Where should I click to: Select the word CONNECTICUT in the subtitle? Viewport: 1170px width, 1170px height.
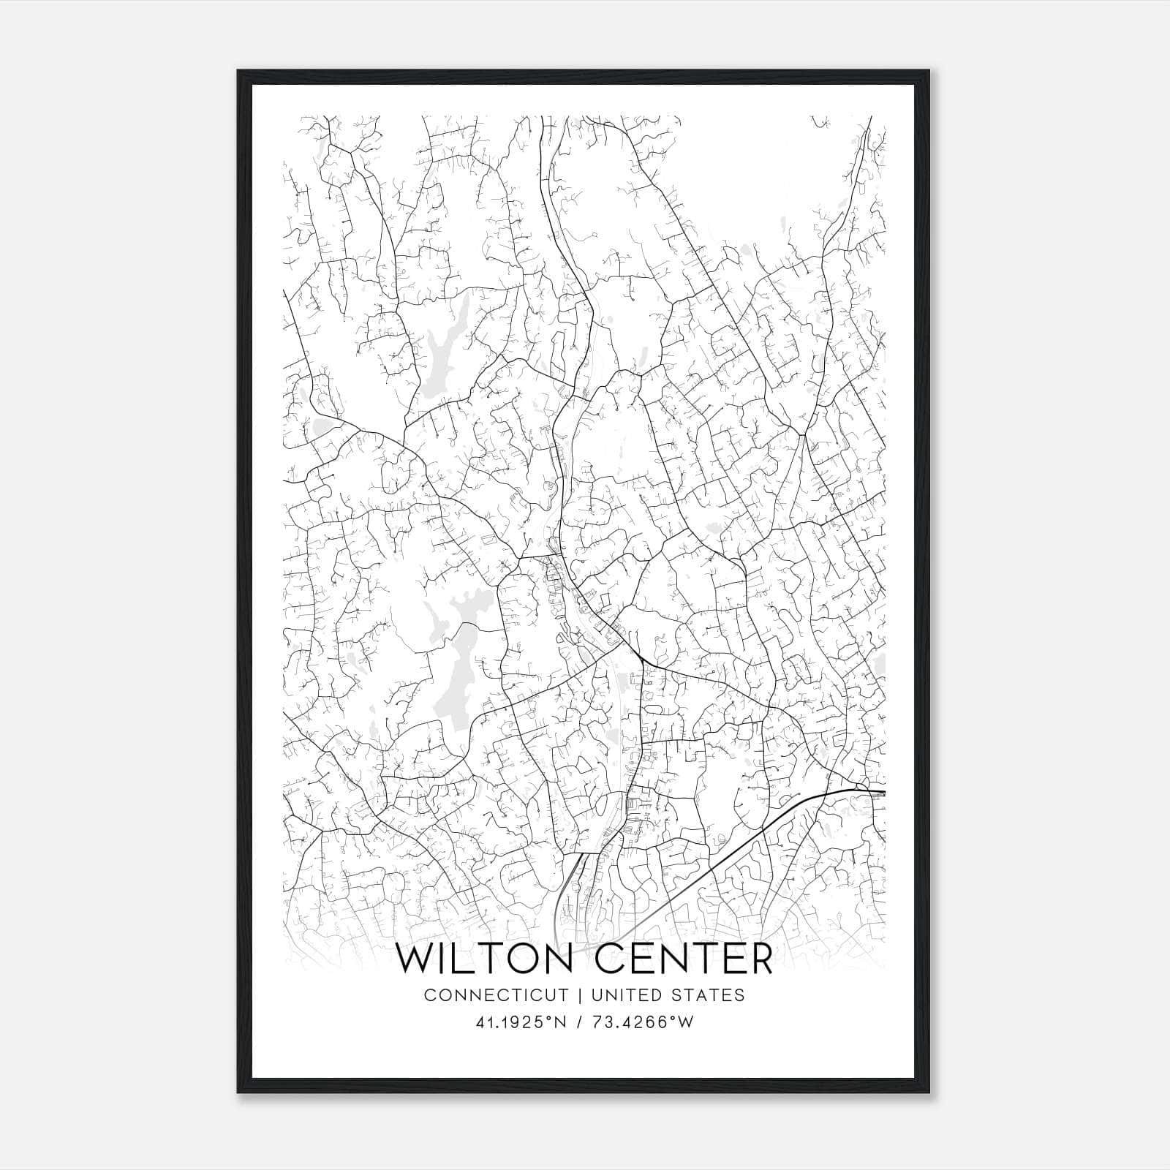point(496,995)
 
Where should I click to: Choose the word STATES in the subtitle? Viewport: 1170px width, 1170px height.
point(708,995)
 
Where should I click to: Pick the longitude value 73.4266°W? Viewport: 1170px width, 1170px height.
point(641,1023)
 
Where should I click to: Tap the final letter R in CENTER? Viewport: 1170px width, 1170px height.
point(760,959)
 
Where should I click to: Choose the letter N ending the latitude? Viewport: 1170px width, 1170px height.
point(562,1023)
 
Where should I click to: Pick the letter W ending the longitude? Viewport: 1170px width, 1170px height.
point(686,1023)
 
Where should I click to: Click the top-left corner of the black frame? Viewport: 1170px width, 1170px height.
point(238,71)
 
